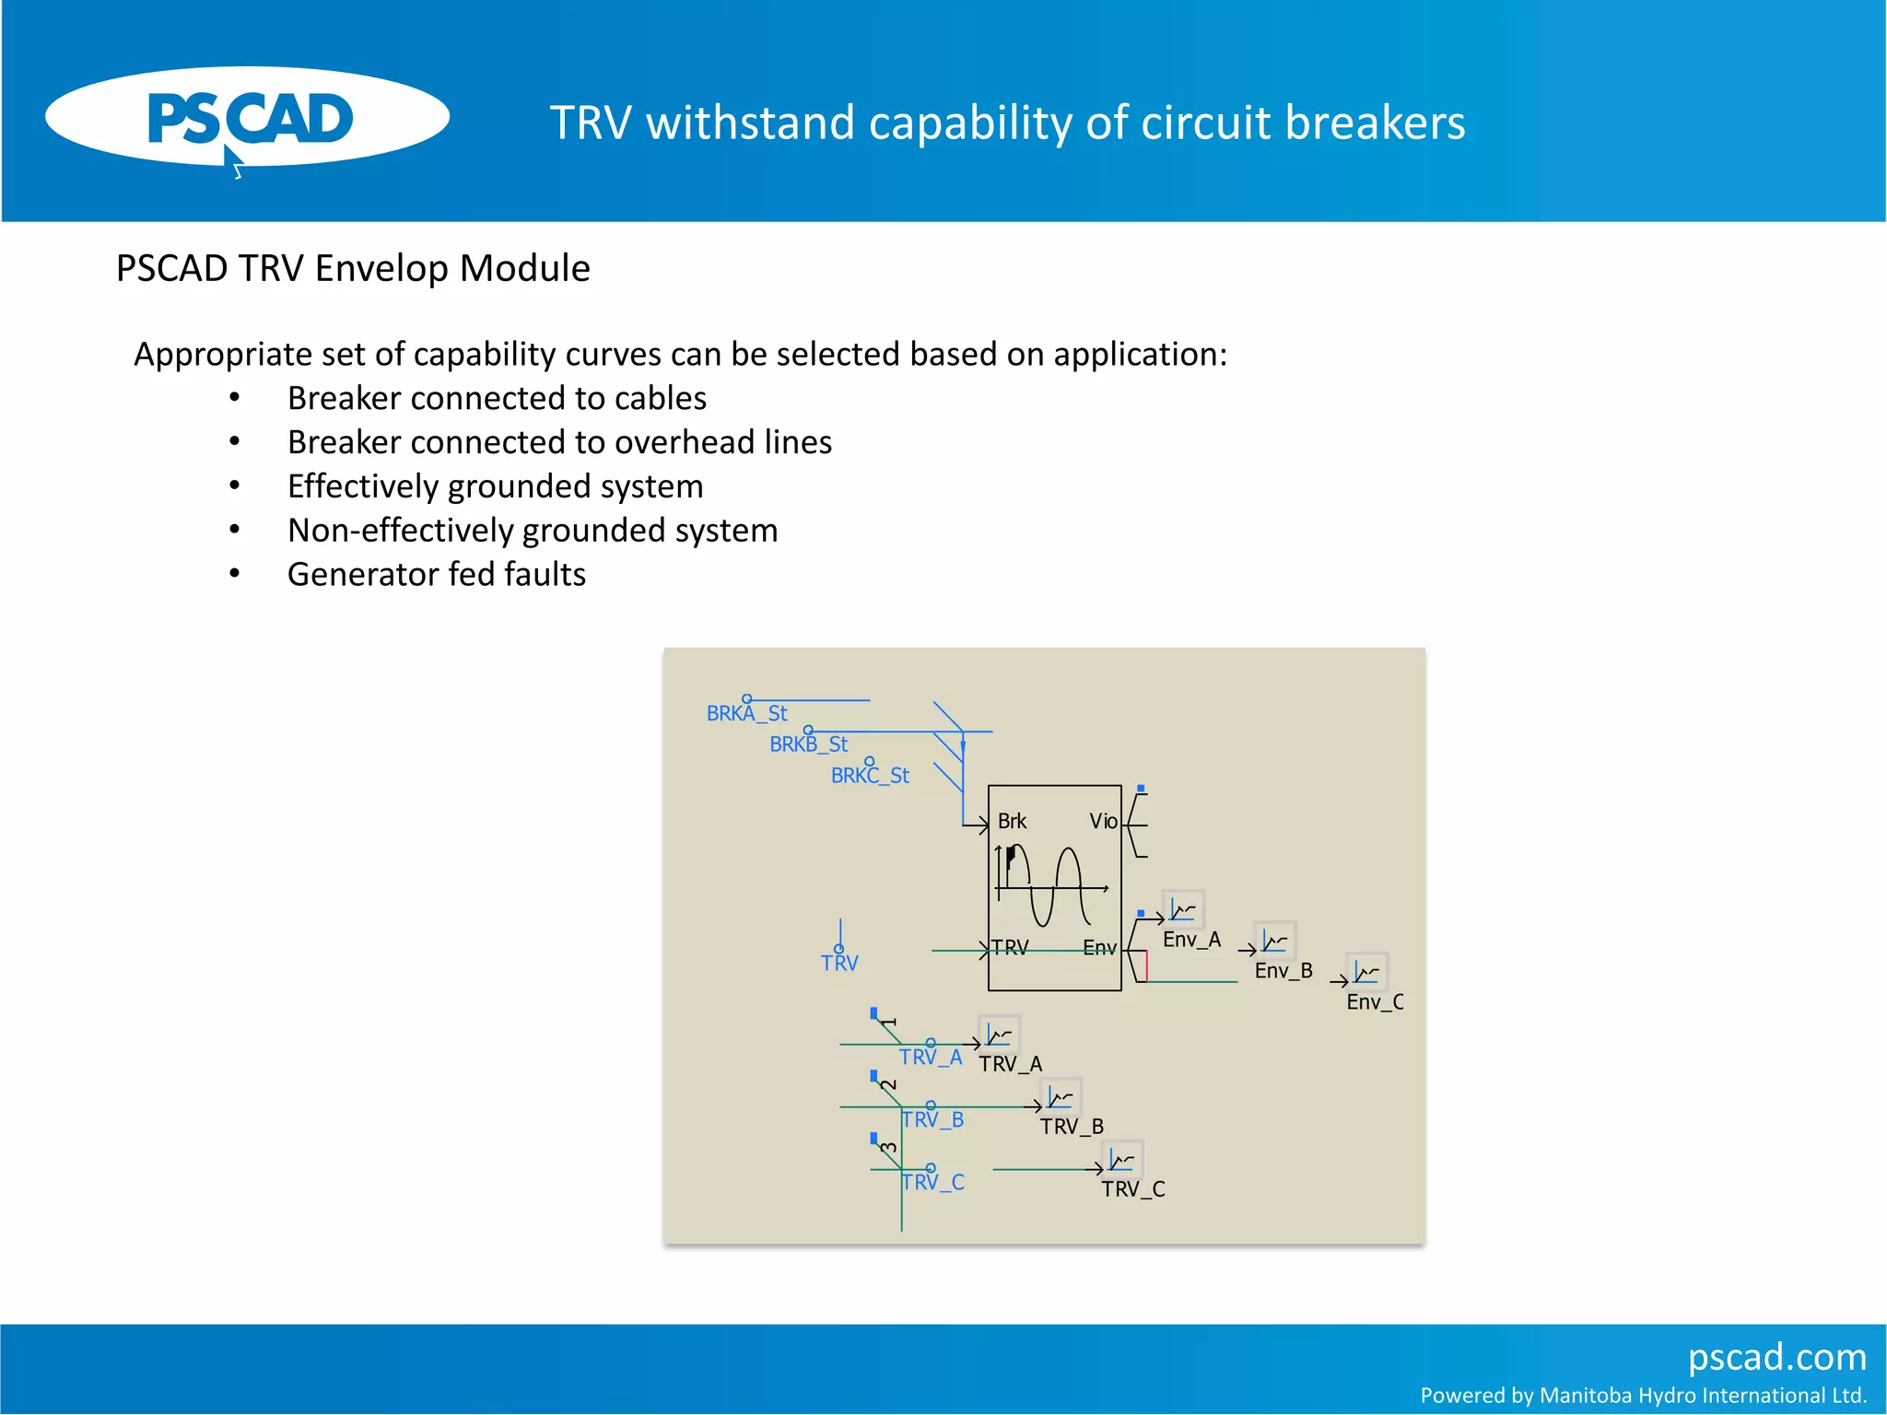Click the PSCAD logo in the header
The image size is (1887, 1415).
[247, 119]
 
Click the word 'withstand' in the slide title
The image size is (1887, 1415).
[750, 123]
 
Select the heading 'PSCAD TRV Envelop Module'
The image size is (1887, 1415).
[353, 268]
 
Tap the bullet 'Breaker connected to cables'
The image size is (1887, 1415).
[497, 398]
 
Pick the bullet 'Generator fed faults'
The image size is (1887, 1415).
[437, 574]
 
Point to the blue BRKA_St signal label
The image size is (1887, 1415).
[746, 713]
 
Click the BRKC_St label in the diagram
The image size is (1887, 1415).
[870, 776]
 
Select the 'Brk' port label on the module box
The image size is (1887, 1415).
[1012, 821]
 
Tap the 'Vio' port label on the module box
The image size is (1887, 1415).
[1102, 821]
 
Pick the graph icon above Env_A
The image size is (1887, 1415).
[1183, 910]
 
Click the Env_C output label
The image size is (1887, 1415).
[1375, 1002]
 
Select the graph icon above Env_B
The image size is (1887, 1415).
[1275, 941]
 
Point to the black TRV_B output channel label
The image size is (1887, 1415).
[1072, 1127]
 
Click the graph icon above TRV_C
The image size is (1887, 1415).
[1122, 1159]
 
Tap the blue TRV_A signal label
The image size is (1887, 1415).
[931, 1057]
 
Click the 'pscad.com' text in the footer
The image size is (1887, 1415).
[1776, 1357]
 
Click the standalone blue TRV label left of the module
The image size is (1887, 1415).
[839, 963]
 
